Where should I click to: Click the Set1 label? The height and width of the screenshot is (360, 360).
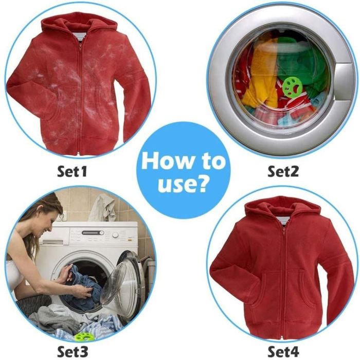(72, 171)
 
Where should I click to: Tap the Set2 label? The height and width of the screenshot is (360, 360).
(283, 171)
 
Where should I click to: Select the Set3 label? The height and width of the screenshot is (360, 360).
(72, 351)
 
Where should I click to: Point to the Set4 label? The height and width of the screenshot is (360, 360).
(283, 351)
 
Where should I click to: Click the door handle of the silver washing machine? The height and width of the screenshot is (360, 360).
(344, 82)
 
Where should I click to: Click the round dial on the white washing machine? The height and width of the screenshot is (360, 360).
(115, 235)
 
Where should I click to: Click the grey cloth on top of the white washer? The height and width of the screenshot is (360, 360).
(103, 208)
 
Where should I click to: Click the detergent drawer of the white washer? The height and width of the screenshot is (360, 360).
(54, 242)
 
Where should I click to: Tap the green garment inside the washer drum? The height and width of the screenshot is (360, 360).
(298, 62)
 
